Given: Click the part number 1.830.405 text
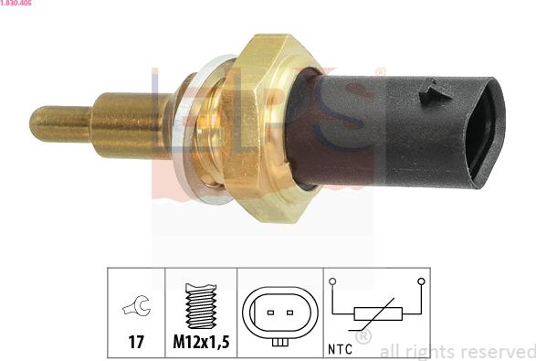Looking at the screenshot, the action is pyautogui.click(x=16, y=3).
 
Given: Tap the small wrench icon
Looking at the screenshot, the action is pyautogui.click(x=136, y=305).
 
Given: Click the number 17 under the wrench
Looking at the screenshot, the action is pyautogui.click(x=136, y=342).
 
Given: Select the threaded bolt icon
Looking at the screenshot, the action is pyautogui.click(x=201, y=306).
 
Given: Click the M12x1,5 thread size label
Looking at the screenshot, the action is pyautogui.click(x=201, y=342).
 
